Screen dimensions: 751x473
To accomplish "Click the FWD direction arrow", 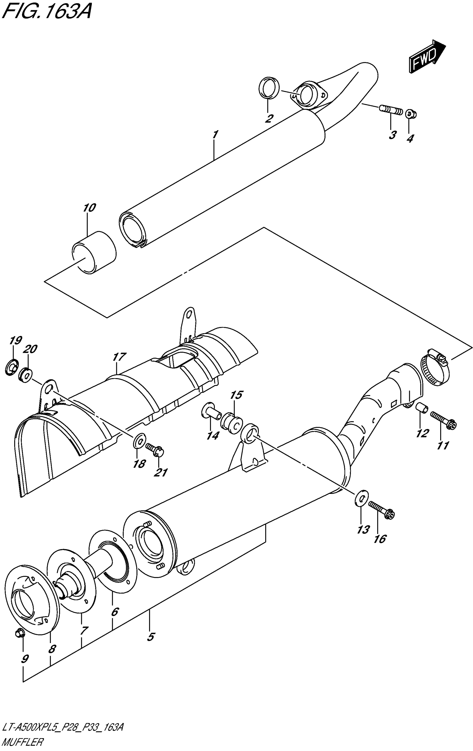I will [427, 57].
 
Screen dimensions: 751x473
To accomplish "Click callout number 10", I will [89, 208].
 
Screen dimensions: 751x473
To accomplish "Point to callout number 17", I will [119, 357].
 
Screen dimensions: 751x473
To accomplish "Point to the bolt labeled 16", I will [381, 509].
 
